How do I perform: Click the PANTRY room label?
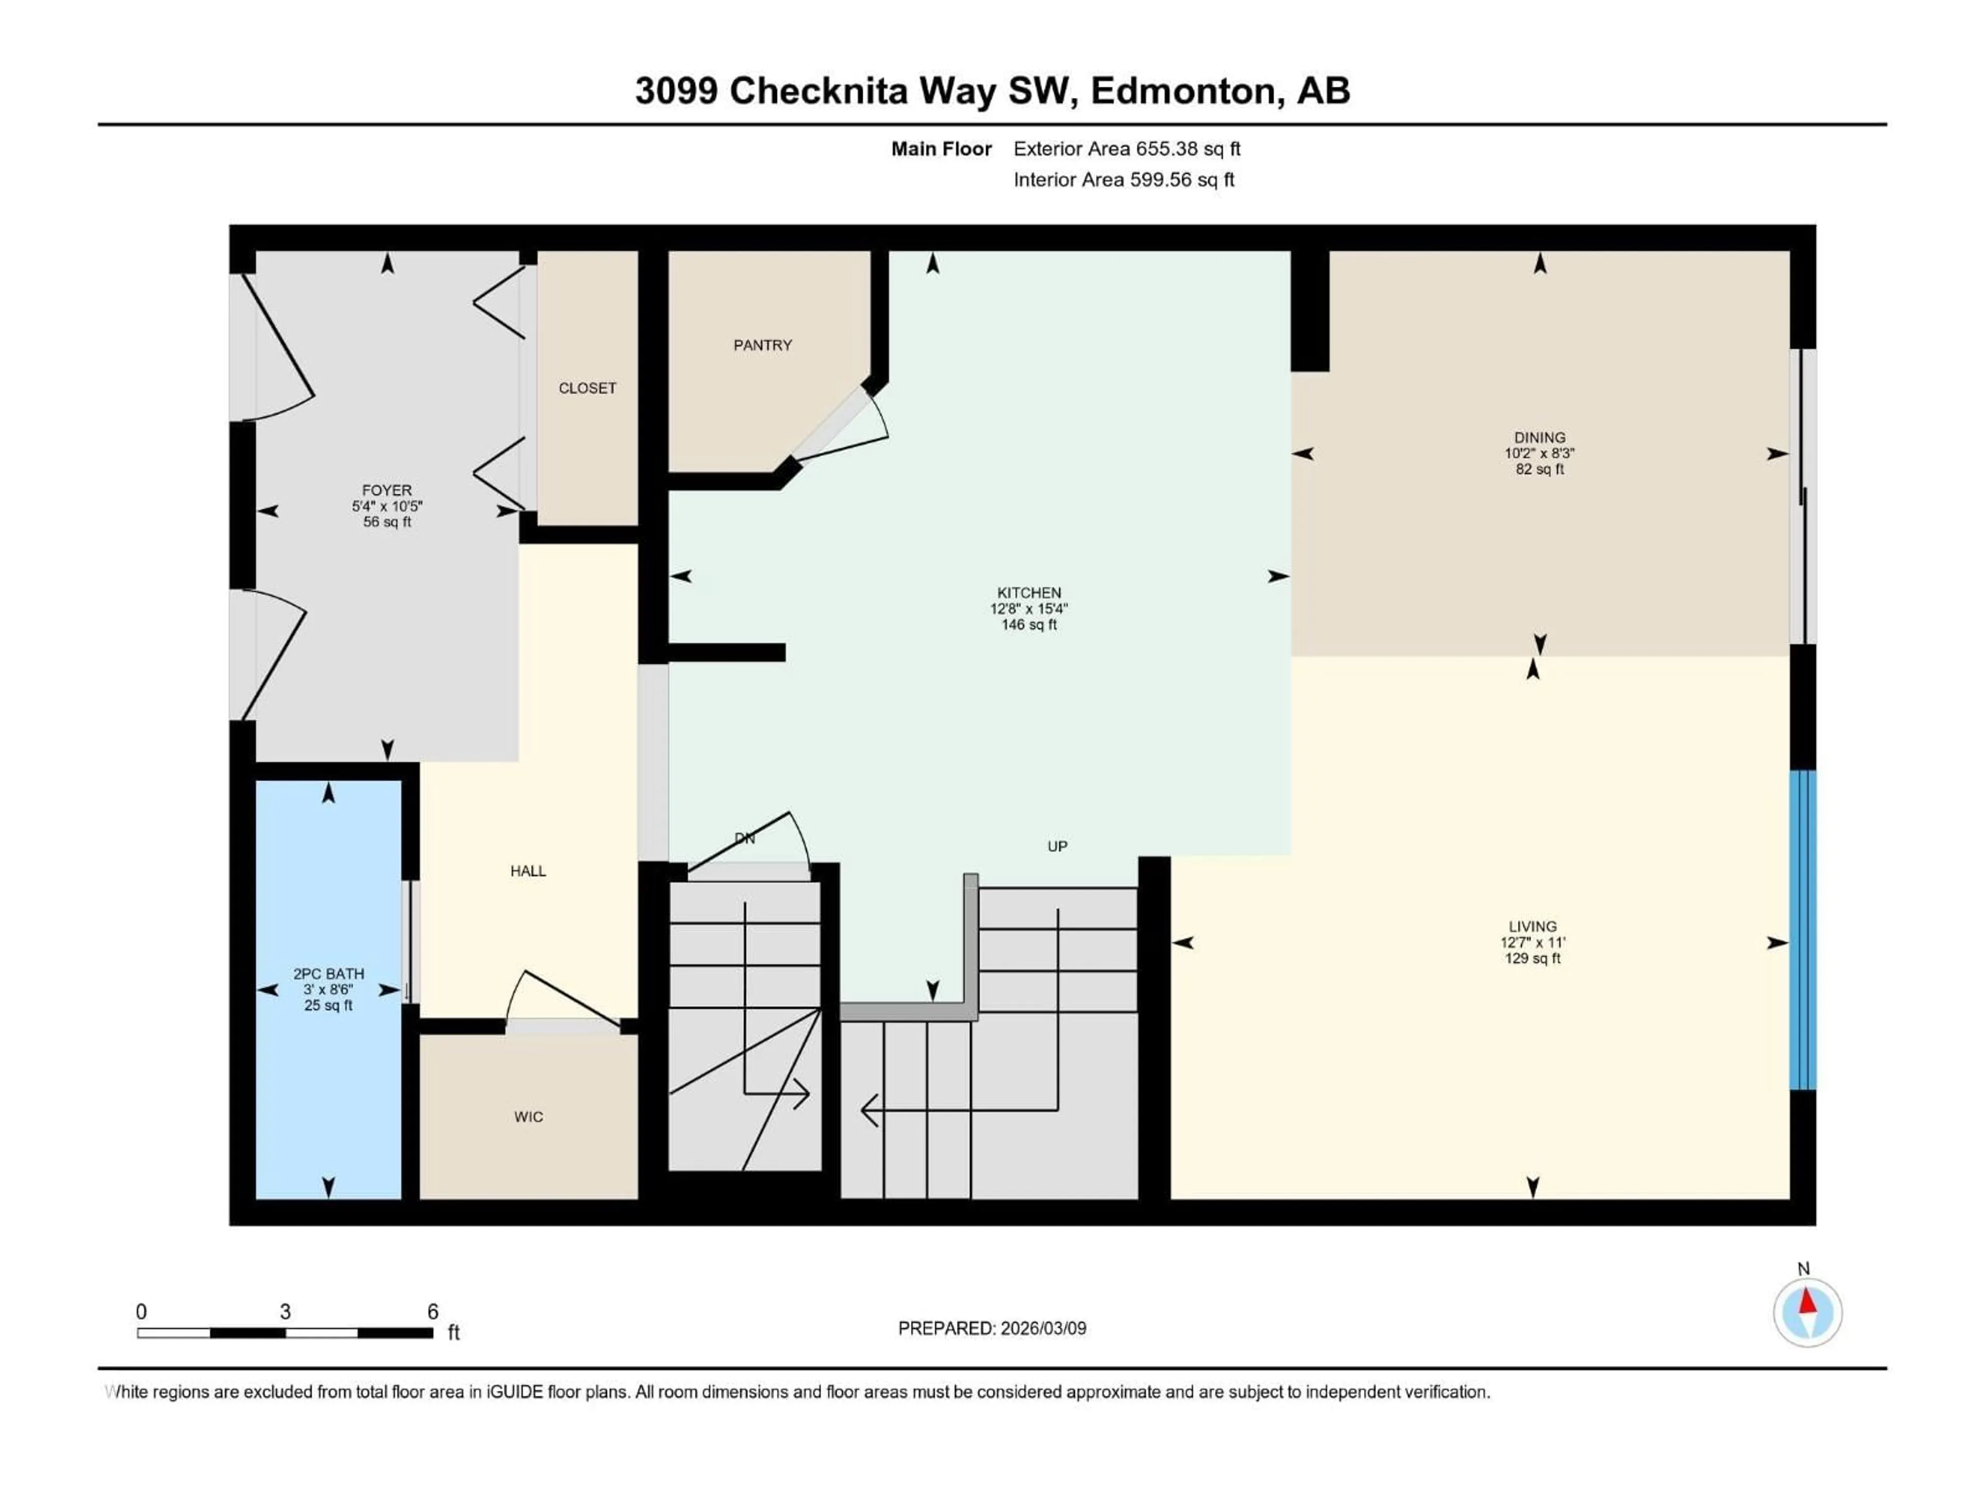[762, 345]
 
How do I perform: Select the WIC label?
[528, 1117]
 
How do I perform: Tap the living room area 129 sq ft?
[1532, 959]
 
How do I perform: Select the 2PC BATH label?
[328, 974]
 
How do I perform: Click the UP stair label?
[1057, 846]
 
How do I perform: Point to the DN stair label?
[744, 838]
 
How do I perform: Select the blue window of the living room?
[1803, 930]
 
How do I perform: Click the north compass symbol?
[1808, 1312]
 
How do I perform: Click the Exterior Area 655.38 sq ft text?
[1127, 149]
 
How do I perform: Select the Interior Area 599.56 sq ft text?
[1123, 179]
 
